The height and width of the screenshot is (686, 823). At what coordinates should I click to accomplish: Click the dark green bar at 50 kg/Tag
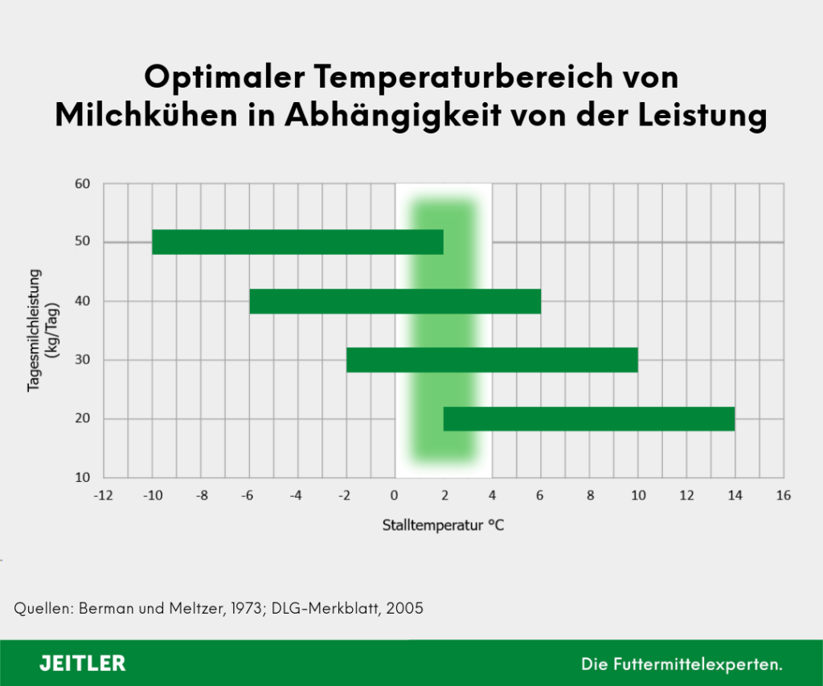click(x=297, y=242)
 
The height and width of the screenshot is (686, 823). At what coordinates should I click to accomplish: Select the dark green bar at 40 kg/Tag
click(x=395, y=301)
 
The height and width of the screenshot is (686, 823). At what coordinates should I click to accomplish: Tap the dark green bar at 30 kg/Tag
click(x=492, y=359)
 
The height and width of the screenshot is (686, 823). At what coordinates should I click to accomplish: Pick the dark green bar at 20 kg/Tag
click(x=589, y=418)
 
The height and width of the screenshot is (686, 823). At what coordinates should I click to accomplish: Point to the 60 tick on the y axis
click(x=82, y=183)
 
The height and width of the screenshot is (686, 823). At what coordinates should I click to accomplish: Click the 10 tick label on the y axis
click(x=82, y=477)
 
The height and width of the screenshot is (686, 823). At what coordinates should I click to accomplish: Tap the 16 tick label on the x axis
click(x=783, y=495)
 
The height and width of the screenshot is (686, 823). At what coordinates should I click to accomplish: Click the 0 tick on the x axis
click(x=395, y=495)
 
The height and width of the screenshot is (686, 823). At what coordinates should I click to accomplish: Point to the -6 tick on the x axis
click(x=248, y=495)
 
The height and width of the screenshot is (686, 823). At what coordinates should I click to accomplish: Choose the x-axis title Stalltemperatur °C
click(x=443, y=526)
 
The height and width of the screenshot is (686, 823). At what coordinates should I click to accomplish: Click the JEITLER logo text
click(x=83, y=663)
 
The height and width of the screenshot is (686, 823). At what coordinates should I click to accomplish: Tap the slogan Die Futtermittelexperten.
click(x=682, y=664)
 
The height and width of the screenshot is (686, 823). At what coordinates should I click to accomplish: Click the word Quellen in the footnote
click(x=42, y=608)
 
